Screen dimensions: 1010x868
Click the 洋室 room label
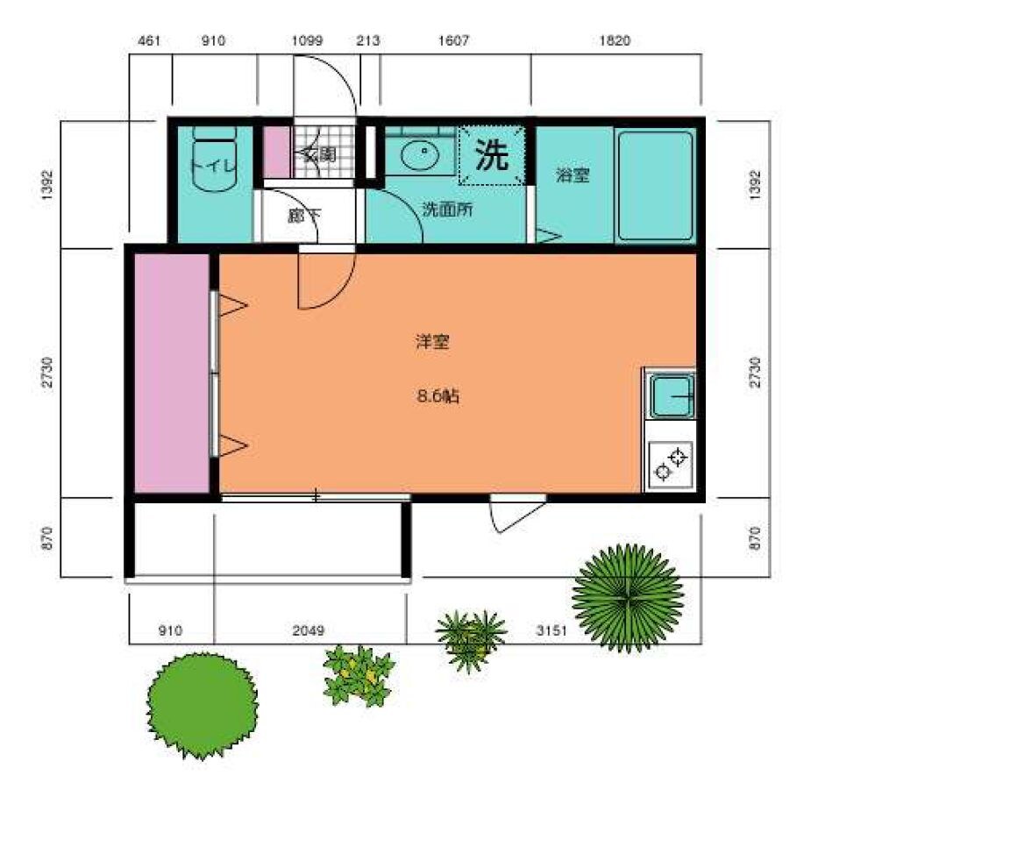click(432, 341)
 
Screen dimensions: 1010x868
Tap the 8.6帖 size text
click(438, 396)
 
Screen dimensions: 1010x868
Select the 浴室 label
click(573, 174)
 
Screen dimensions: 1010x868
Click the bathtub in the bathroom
click(655, 186)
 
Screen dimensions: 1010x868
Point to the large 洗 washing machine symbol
click(492, 155)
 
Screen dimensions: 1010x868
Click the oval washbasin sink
click(420, 155)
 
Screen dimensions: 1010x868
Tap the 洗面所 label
click(448, 210)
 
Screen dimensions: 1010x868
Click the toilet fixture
click(215, 159)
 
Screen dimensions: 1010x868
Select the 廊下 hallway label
click(303, 216)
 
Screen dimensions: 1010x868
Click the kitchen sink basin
click(671, 396)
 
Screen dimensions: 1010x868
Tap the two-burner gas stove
click(670, 465)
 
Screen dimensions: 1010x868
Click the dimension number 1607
click(453, 40)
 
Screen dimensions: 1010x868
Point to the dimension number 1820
click(615, 40)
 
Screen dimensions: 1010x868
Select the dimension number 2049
click(309, 630)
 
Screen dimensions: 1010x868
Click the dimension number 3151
click(551, 630)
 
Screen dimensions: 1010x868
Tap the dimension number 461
click(149, 40)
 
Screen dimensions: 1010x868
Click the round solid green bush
click(203, 705)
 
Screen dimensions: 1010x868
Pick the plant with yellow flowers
click(359, 675)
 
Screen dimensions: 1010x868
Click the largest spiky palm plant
click(628, 598)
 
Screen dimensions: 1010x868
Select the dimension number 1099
click(307, 40)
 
